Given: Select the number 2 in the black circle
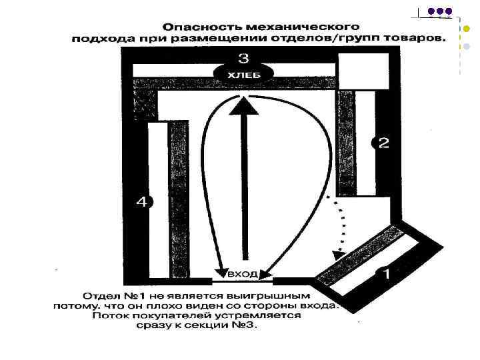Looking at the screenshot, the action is [x=383, y=143].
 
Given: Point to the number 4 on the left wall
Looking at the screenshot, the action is [x=141, y=201].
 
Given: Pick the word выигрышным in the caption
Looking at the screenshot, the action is [x=278, y=293].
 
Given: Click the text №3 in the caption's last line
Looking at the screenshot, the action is [x=245, y=327].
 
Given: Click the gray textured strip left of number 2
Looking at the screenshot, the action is [x=345, y=143].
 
